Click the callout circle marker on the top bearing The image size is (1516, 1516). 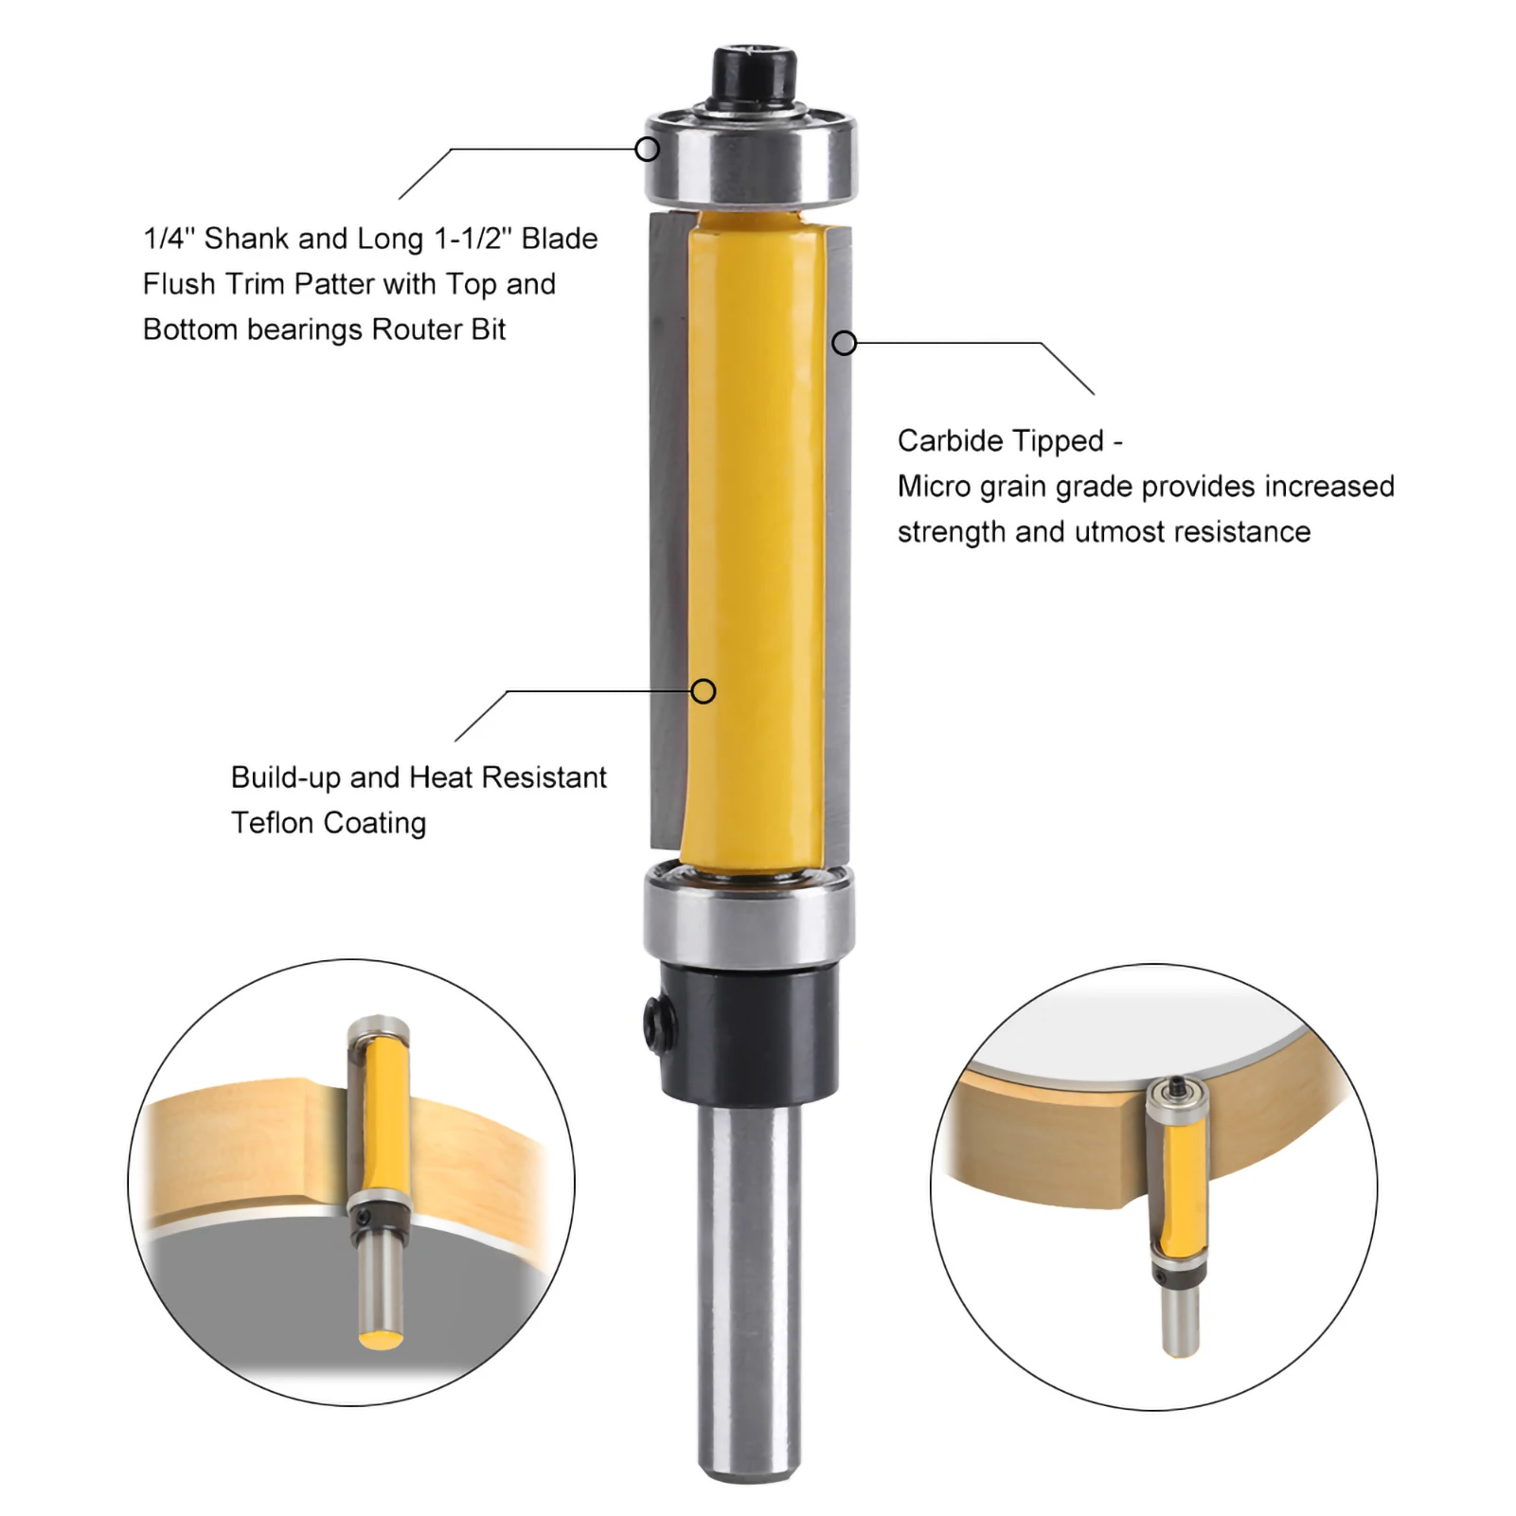[647, 149]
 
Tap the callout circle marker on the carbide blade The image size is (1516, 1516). [844, 343]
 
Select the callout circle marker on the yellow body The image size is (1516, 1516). [703, 691]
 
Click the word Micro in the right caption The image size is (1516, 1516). [934, 487]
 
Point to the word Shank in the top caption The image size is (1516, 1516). [246, 239]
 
